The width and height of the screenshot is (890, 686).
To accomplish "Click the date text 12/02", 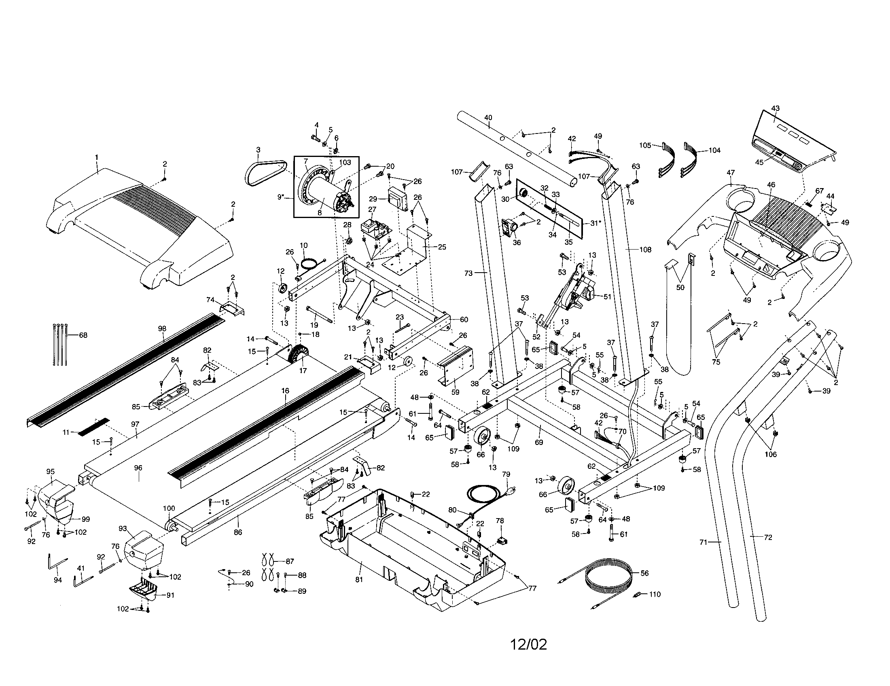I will click(529, 644).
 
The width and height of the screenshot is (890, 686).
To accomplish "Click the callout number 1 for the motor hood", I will click(97, 157).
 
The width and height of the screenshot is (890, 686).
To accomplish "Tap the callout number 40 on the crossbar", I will click(488, 118).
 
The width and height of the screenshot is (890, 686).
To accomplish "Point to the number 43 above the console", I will click(775, 108).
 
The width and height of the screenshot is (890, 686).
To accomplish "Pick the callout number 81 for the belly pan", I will click(358, 580).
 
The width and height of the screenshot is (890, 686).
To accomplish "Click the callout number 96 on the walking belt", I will click(138, 468).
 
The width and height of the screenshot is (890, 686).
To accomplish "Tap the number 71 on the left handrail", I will click(702, 542).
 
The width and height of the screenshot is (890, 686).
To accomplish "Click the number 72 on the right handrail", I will click(768, 537).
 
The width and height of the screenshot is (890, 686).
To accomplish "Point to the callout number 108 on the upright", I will click(645, 250).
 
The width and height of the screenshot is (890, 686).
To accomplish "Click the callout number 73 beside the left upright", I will click(468, 273).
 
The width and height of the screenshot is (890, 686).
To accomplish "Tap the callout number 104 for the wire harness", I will click(714, 150).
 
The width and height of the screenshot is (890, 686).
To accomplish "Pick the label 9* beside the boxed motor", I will click(281, 197).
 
